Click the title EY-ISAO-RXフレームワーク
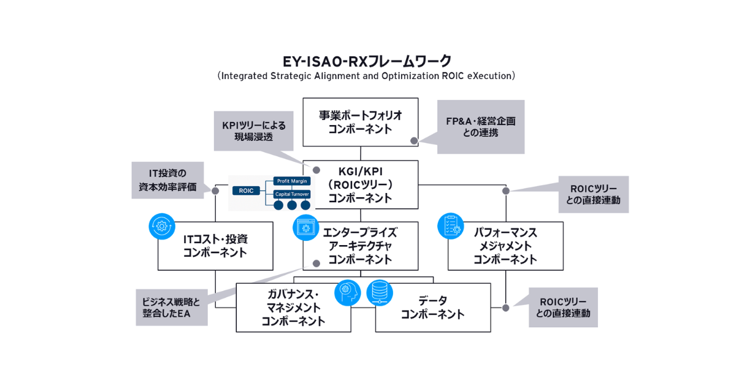tap(367, 61)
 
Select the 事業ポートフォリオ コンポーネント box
tap(360, 122)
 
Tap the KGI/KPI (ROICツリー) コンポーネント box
tap(360, 184)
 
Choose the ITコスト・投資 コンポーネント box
tap(215, 246)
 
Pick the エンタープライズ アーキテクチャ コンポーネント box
tap(360, 246)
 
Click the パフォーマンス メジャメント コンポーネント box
tap(505, 246)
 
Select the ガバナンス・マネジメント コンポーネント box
tap(293, 308)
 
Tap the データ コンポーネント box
tap(433, 308)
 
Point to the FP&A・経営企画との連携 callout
tap(480, 127)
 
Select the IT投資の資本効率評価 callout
tap(167, 180)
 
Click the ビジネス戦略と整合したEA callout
tap(172, 308)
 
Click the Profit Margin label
tap(292, 181)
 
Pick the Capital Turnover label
tap(292, 194)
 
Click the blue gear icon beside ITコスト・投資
tap(162, 225)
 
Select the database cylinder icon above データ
tap(380, 292)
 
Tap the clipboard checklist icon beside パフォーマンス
tap(450, 225)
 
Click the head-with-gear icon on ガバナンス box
tap(347, 292)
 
